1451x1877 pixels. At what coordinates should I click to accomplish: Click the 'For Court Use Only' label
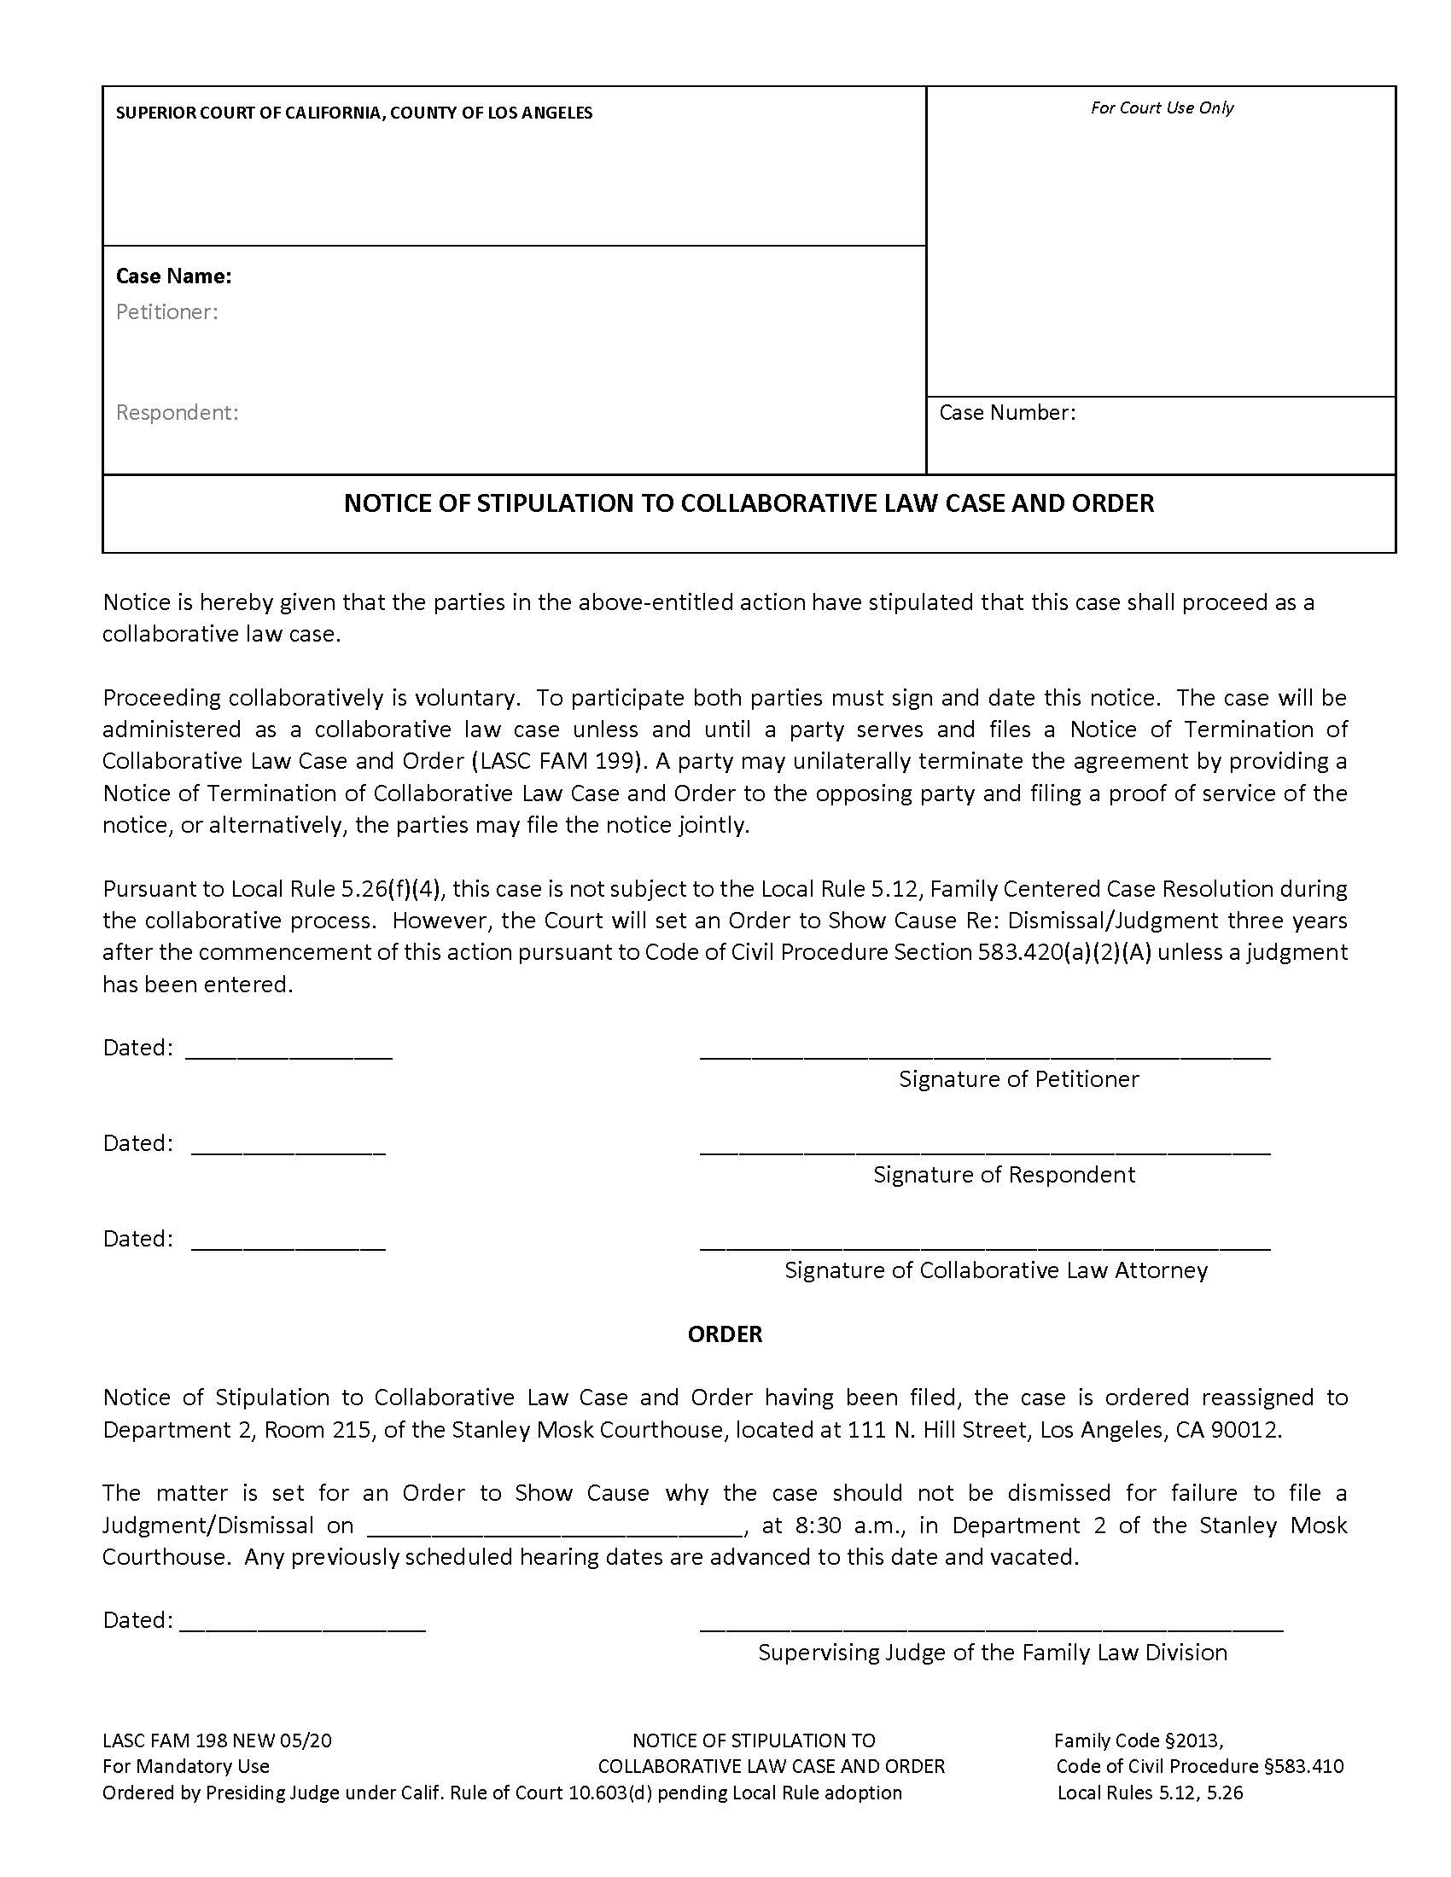1162,108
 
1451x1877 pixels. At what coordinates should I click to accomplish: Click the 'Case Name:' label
173,276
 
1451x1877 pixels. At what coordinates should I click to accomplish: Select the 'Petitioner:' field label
166,312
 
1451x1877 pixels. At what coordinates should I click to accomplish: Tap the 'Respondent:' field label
177,413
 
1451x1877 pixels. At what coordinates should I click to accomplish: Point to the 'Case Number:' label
1006,413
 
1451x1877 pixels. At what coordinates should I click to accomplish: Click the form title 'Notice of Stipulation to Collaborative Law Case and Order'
749,503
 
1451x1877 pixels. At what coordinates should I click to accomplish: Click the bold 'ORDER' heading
725,1334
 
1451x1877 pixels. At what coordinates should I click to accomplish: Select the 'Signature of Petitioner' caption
1018,1078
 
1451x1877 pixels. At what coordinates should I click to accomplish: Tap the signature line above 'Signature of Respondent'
984,1150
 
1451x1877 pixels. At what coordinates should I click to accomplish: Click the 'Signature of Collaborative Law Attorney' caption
995,1270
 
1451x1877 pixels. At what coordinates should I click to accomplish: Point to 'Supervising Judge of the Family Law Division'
992,1652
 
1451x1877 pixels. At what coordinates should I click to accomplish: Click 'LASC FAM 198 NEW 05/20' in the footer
217,1740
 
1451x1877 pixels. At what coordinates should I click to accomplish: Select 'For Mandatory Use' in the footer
186,1766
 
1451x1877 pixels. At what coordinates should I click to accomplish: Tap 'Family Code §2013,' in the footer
1138,1740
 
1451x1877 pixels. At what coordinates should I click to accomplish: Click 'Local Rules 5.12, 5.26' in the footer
1150,1792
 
